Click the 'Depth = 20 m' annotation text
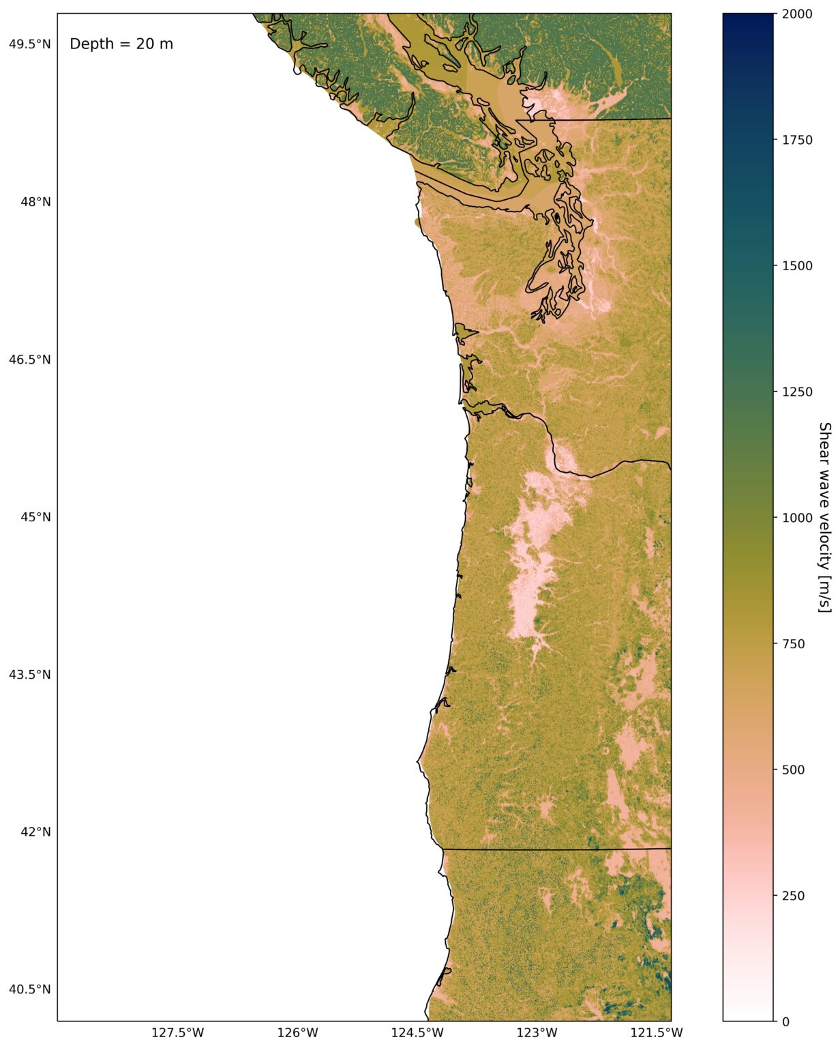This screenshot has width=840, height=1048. (121, 44)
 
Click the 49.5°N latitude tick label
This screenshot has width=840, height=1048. (29, 44)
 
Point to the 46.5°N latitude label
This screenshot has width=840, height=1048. (29, 360)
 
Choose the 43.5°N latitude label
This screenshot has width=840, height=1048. (29, 675)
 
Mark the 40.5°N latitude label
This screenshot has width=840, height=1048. (29, 989)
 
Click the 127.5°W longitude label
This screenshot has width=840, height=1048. (177, 1033)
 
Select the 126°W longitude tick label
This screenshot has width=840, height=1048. (298, 1033)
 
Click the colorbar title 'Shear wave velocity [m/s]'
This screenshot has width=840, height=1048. (824, 517)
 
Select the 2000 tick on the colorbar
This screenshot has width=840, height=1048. (796, 14)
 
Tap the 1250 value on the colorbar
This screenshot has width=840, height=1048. (796, 392)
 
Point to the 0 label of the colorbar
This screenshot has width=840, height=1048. (785, 1021)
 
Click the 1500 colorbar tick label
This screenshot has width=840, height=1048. (796, 265)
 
